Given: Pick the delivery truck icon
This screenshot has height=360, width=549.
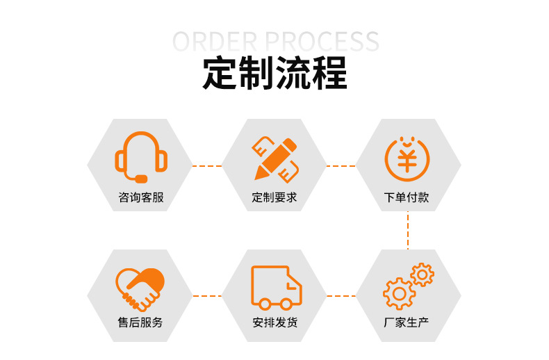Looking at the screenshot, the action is (x=276, y=287).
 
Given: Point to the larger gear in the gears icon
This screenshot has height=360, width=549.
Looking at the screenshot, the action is (x=399, y=293).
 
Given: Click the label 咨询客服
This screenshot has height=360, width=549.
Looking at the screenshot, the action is (x=141, y=197).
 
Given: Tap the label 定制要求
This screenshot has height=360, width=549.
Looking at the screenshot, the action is (x=274, y=197).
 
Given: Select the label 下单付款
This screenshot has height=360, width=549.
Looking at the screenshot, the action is (x=407, y=197).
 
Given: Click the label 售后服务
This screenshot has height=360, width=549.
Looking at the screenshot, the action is (x=140, y=322).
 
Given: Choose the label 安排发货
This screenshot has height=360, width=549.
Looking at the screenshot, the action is (x=275, y=322).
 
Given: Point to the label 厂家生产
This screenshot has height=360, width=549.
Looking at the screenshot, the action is (x=407, y=322).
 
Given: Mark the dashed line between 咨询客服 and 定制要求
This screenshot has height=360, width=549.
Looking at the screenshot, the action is (x=206, y=166).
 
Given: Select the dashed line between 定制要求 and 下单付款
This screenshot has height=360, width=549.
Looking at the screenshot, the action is (x=341, y=166).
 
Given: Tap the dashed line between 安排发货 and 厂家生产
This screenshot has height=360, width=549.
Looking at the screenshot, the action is (x=341, y=295).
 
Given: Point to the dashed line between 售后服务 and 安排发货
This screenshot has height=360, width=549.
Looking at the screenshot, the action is (x=206, y=295).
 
